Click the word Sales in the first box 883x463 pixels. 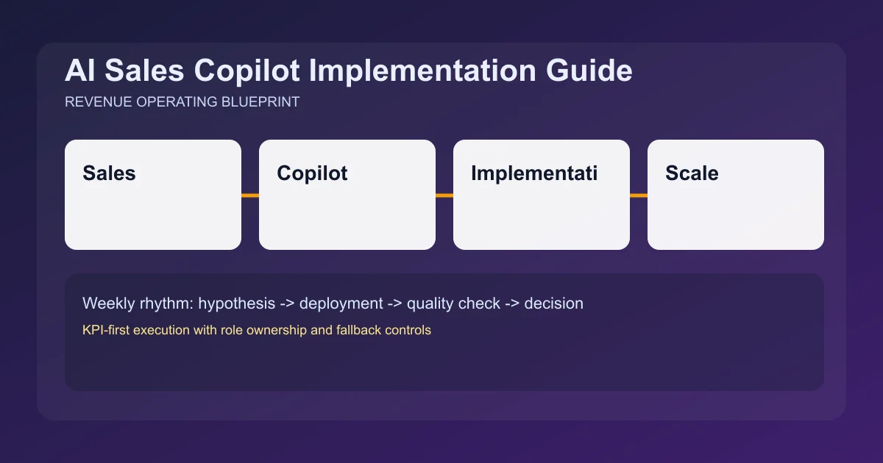[x=109, y=173]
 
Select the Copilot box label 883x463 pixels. [x=312, y=173]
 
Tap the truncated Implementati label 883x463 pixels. [x=534, y=173]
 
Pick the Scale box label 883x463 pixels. [x=692, y=173]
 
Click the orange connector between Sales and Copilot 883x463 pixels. [x=250, y=195]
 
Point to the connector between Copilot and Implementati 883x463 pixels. [x=444, y=195]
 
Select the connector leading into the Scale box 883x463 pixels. [x=639, y=195]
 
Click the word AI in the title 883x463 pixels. [x=79, y=71]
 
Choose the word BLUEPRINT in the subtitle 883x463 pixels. [x=260, y=102]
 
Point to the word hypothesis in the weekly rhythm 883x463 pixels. [x=236, y=304]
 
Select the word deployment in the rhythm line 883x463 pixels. [x=341, y=304]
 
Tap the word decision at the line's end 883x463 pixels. [x=553, y=304]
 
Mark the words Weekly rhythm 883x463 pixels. [x=138, y=304]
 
